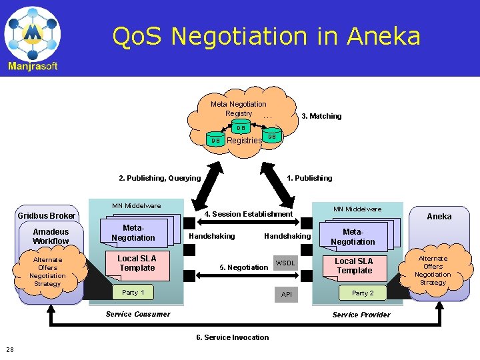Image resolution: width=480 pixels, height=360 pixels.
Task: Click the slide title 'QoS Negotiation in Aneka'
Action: point(266,36)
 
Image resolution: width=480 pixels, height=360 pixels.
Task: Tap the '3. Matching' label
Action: point(321,116)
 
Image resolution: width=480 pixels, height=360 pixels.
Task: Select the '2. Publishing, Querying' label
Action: point(159,178)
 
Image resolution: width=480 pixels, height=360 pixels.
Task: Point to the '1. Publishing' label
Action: point(309,178)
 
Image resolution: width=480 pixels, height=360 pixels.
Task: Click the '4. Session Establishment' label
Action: point(248,214)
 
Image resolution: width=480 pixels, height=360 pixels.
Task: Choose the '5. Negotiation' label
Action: point(244,267)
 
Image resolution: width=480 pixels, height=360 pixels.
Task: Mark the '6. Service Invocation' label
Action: point(233,337)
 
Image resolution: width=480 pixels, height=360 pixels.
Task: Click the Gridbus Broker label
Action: point(46,216)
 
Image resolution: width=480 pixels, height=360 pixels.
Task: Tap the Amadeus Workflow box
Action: point(51,237)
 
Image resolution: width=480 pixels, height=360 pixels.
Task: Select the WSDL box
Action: point(285,263)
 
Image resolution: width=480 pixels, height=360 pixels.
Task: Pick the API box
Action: point(287,294)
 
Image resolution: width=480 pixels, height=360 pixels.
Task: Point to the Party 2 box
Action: point(363,293)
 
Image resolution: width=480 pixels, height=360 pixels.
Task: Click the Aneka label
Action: point(439,216)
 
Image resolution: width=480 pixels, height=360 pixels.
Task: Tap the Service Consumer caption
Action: point(138,314)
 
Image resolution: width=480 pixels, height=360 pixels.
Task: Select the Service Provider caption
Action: point(361,315)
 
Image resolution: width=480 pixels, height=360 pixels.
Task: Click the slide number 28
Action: point(10,349)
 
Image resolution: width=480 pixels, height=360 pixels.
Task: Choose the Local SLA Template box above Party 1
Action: point(137,263)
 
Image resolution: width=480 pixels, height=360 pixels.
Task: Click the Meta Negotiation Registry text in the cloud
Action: point(238,109)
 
